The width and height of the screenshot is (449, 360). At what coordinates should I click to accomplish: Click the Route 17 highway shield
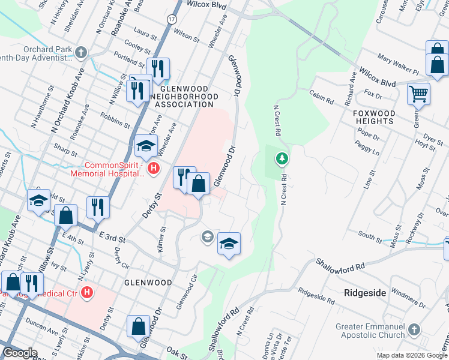pos(172,19)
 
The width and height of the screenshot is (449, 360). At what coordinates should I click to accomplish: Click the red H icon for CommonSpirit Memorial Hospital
pos(153,169)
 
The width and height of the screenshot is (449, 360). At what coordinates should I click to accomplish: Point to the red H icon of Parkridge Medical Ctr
pos(87,293)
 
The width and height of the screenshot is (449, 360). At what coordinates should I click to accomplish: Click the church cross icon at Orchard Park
pos(80,52)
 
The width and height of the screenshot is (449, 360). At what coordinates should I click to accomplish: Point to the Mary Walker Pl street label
pos(398,64)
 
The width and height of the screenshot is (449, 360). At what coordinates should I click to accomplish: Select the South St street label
pos(370,236)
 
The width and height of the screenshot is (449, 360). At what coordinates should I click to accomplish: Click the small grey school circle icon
pos(207,237)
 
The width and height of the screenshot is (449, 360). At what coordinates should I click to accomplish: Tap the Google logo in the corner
pos(20,353)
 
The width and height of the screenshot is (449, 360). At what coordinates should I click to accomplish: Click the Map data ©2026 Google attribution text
pos(412,355)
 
